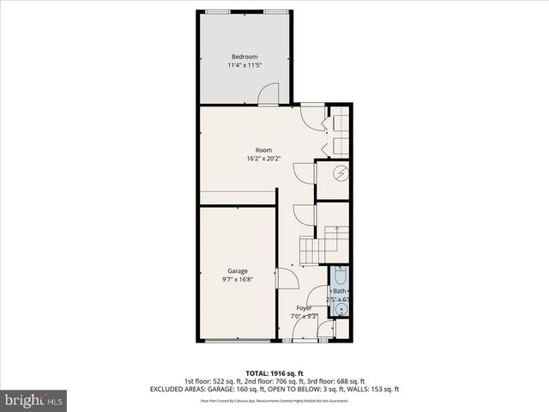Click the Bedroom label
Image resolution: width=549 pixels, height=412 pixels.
point(244,57)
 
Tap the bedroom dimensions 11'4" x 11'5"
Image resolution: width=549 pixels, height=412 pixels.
point(244,65)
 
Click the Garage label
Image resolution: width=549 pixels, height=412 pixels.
point(238,271)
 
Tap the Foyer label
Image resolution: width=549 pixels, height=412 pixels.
point(304,307)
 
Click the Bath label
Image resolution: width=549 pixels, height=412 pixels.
point(340,292)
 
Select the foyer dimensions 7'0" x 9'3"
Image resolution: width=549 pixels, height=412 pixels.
point(304,316)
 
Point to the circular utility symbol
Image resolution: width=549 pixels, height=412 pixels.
point(340,173)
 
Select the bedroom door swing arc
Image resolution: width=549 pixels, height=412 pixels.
point(268,94)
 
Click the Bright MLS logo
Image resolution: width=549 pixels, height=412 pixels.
point(34,400)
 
